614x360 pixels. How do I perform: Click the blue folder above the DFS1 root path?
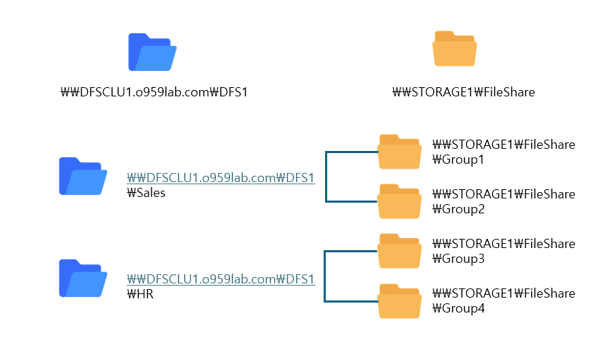click(152, 52)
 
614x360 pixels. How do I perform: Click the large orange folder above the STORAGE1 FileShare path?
click(455, 49)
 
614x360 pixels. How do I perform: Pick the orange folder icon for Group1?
click(400, 152)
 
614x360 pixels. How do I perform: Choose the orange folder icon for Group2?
click(400, 201)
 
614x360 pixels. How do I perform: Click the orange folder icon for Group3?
click(400, 251)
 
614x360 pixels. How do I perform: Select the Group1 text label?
click(458, 160)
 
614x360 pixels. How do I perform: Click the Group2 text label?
click(458, 210)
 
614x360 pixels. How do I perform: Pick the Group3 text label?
click(458, 259)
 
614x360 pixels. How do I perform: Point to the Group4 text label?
click(458, 309)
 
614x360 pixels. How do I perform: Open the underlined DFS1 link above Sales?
click(220, 178)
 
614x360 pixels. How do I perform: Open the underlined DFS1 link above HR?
click(220, 279)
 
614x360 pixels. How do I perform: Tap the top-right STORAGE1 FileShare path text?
click(463, 92)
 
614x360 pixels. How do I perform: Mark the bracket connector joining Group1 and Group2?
click(326, 176)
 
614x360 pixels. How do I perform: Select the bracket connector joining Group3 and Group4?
click(324, 276)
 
